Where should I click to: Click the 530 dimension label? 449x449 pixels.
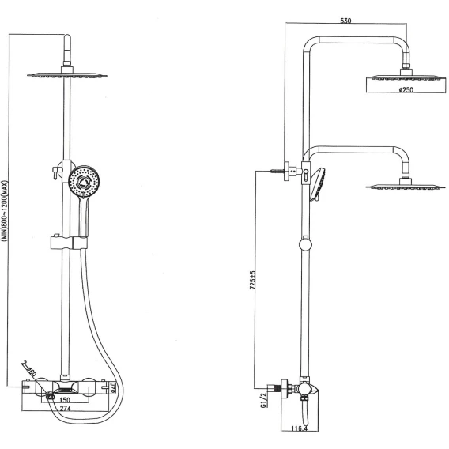[345, 21]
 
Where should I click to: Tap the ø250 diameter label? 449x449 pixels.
[406, 89]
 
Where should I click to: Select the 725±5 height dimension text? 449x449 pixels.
[253, 280]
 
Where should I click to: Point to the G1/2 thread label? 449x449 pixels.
[264, 400]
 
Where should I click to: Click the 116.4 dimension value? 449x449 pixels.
[300, 428]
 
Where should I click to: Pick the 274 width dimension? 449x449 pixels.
[66, 409]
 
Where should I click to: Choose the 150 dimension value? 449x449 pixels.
[65, 400]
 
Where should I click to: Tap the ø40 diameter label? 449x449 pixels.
[112, 387]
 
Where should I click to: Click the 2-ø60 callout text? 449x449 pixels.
[29, 369]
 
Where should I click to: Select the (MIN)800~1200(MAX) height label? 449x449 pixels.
[5, 211]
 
